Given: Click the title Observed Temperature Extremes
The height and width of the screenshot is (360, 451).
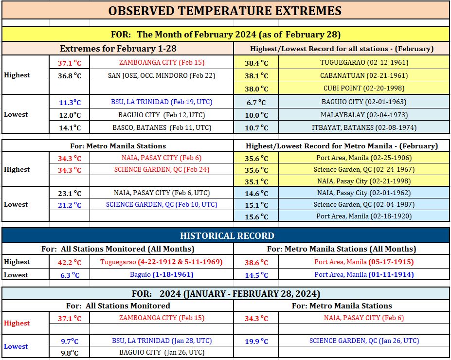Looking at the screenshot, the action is pyautogui.click(x=225, y=11).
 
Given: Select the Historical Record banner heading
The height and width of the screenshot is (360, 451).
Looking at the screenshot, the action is pyautogui.click(x=227, y=236).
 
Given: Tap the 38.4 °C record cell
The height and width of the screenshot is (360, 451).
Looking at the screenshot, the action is pyautogui.click(x=256, y=63).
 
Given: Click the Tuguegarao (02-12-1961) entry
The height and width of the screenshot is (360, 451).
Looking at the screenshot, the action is pyautogui.click(x=364, y=62).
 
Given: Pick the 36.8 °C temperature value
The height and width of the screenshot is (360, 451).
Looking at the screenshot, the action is pyautogui.click(x=70, y=75).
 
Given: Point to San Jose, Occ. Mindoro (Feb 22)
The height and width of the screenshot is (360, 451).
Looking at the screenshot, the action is pyautogui.click(x=162, y=75).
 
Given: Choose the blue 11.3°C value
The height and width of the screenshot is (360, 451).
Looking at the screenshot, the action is pyautogui.click(x=70, y=102).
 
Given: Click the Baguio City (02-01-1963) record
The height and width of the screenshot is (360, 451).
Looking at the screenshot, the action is pyautogui.click(x=364, y=102).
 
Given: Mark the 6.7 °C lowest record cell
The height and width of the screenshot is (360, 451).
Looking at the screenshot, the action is pyautogui.click(x=256, y=102).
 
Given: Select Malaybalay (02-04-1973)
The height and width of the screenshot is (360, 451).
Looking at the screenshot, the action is pyautogui.click(x=364, y=115).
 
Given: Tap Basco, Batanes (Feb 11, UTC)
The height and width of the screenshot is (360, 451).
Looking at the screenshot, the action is pyautogui.click(x=162, y=127).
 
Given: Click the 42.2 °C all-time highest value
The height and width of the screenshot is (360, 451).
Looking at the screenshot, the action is pyautogui.click(x=70, y=262).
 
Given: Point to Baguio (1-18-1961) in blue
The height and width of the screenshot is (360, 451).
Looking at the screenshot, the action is pyautogui.click(x=162, y=274).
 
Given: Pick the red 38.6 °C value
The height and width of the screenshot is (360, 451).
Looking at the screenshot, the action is pyautogui.click(x=256, y=262).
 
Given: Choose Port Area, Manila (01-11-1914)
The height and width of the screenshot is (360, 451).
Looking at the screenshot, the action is pyautogui.click(x=364, y=274).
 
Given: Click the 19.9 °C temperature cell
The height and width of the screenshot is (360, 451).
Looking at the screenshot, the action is pyautogui.click(x=256, y=342).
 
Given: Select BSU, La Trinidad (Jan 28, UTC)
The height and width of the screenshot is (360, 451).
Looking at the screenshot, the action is pyautogui.click(x=162, y=341).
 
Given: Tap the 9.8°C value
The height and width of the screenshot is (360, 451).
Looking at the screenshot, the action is pyautogui.click(x=70, y=353).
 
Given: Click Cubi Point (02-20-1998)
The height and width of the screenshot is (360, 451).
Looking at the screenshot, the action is pyautogui.click(x=364, y=88).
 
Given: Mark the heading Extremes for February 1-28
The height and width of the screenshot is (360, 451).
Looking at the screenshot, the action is pyautogui.click(x=118, y=48).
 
